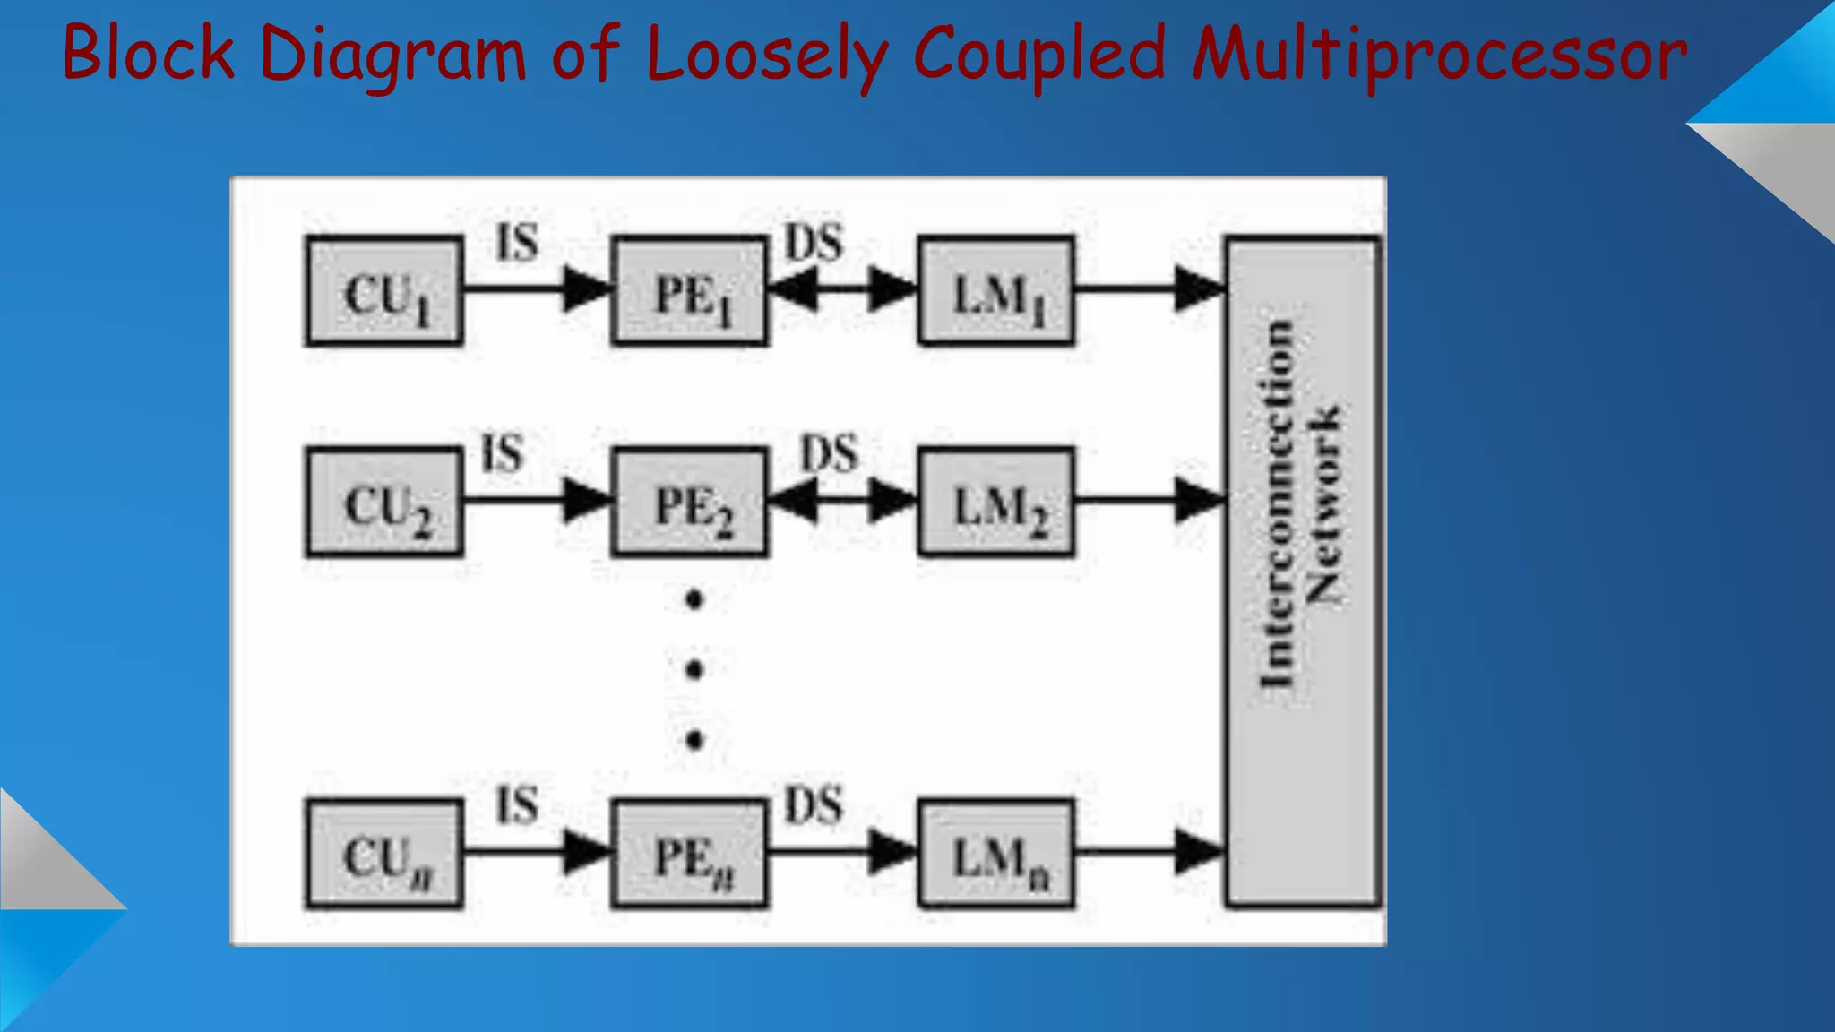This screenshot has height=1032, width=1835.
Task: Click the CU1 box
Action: tap(384, 291)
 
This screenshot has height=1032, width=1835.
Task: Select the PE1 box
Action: tap(690, 291)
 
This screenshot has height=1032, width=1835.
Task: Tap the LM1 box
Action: tap(996, 291)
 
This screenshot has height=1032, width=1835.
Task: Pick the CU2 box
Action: tap(384, 503)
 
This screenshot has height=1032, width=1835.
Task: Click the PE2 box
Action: tap(690, 503)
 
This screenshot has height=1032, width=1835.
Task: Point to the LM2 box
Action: tap(996, 503)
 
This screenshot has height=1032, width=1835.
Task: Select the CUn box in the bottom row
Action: tap(384, 854)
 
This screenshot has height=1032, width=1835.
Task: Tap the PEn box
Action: tap(690, 854)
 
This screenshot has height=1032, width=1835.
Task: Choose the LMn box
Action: tap(996, 854)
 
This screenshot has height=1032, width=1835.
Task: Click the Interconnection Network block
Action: tap(1302, 572)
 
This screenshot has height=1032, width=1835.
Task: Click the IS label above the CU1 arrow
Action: tap(518, 243)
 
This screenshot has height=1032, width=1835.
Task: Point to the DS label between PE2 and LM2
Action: tap(829, 454)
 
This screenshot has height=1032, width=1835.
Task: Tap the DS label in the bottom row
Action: tap(814, 804)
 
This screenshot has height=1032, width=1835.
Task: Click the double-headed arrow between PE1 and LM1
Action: tap(843, 289)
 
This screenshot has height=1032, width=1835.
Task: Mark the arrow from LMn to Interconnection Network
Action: tap(1150, 851)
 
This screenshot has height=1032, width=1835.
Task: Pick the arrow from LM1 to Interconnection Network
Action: tap(1150, 288)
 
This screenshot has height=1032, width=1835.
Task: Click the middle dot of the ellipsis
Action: tap(694, 669)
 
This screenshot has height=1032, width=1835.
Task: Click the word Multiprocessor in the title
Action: tap(1439, 54)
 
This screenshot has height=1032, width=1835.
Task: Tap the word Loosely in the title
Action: tap(766, 54)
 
